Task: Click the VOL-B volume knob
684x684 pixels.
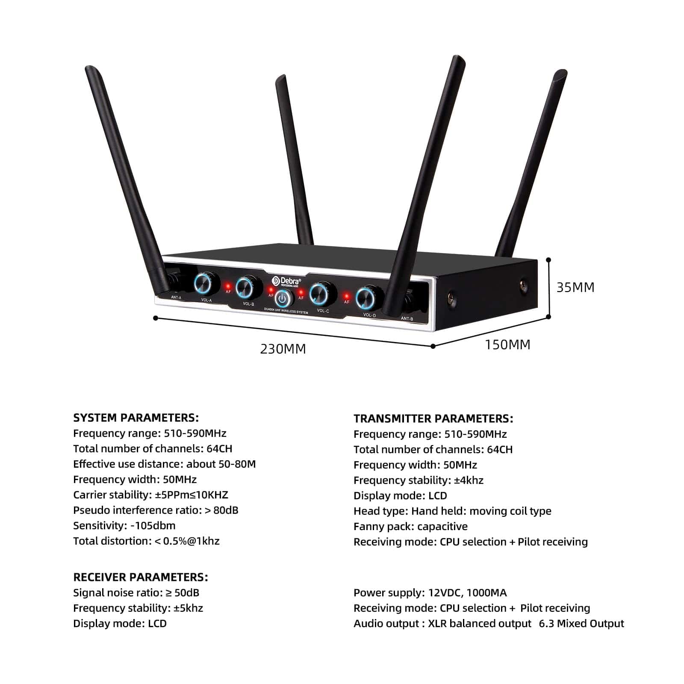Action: point(245,287)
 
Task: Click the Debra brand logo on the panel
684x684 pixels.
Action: point(286,281)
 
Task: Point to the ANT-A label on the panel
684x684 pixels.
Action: point(176,298)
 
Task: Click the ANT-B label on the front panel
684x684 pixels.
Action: point(407,318)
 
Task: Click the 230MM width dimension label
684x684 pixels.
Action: point(283,349)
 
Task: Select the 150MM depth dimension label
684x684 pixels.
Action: point(507,345)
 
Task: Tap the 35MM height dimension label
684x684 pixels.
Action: point(575,287)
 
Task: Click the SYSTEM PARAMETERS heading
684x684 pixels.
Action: point(136,418)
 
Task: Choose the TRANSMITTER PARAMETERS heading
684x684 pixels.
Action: point(433,419)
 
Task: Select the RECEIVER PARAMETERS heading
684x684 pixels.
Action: point(141,577)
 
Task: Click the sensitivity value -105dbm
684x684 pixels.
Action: point(153,525)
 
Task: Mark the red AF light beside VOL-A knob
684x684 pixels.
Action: point(228,286)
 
